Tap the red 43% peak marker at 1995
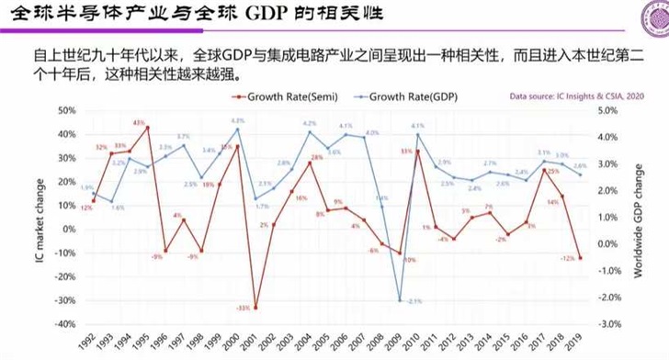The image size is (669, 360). [x=148, y=128]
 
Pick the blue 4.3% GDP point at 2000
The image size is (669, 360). [x=238, y=129]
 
